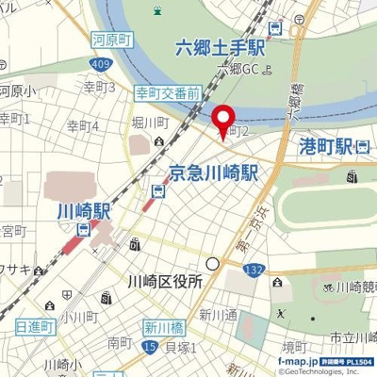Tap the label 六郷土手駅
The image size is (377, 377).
pyautogui.click(x=221, y=48)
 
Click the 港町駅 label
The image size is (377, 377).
pyautogui.click(x=324, y=145)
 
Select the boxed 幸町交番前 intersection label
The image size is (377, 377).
pyautogui.click(x=168, y=94)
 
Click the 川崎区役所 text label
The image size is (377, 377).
pyautogui.click(x=164, y=281)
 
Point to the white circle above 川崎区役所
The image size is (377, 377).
pyautogui.click(x=213, y=264)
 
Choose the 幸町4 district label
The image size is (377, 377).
pyautogui.click(x=83, y=124)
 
